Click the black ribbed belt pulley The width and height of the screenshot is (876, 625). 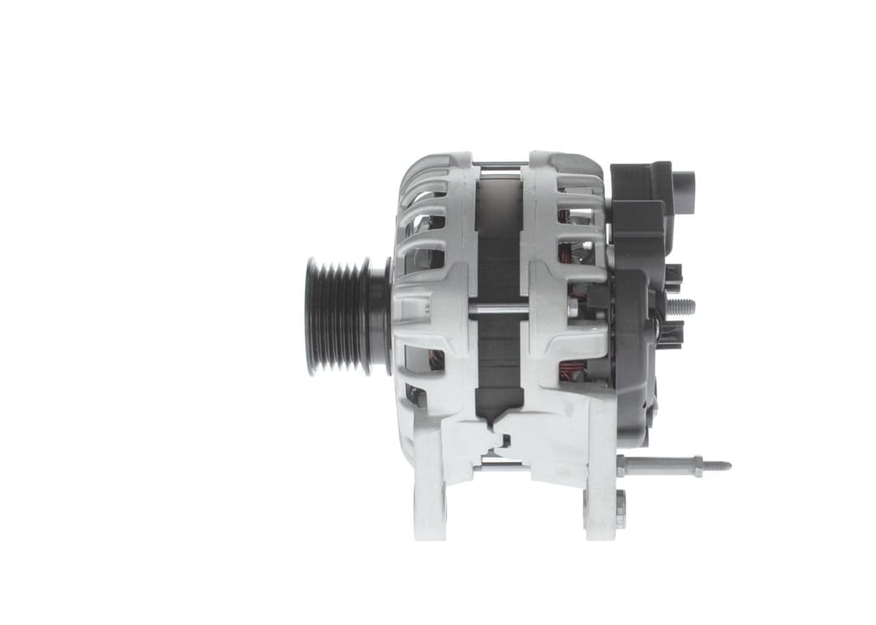point(334,315)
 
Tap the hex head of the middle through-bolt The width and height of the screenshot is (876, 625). point(573,307)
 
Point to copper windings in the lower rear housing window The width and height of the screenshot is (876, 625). point(574,370)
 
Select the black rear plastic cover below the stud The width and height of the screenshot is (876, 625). point(637,389)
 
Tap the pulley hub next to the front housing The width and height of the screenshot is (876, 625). point(379,315)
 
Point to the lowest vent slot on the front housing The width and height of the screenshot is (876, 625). point(416,395)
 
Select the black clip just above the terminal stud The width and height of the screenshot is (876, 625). point(672,275)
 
